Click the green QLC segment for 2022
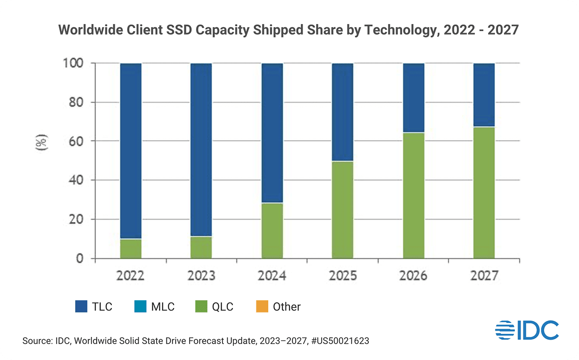(x=131, y=249)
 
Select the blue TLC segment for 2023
(x=201, y=149)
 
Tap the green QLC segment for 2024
(x=272, y=231)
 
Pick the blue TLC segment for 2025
(x=342, y=112)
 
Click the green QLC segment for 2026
(x=413, y=195)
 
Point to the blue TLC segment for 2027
(x=484, y=95)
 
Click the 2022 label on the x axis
(x=131, y=276)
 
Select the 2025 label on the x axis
(x=342, y=276)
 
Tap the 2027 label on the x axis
(x=484, y=276)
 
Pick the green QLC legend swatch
(x=201, y=307)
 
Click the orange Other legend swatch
(x=261, y=307)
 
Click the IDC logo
(x=527, y=330)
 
